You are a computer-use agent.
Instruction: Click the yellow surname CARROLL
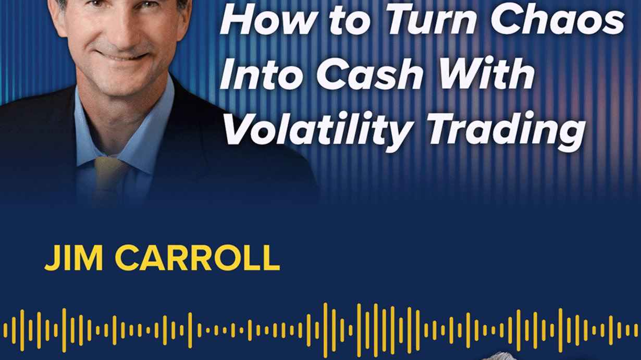(198, 257)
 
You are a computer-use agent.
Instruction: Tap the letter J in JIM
(52, 258)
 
